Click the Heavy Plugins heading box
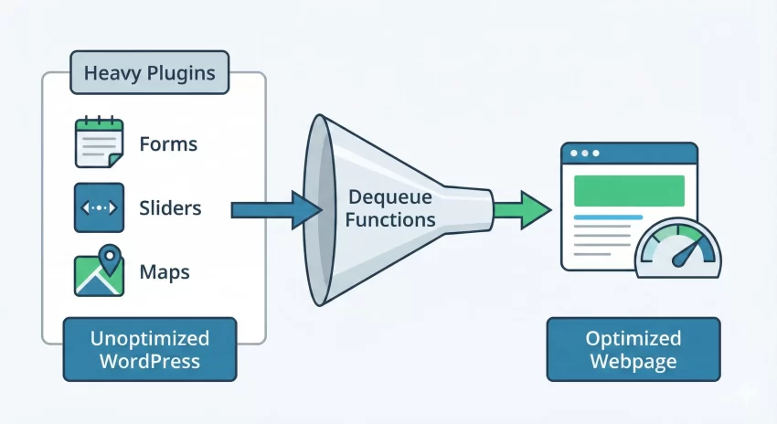pos(151,72)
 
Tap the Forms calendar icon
pos(99,143)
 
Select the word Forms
pos(168,144)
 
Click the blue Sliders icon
pos(99,208)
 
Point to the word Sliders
pos(171,208)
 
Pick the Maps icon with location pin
pos(99,271)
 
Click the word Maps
pos(165,272)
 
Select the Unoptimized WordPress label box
pos(150,349)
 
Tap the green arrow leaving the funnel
pos(522,210)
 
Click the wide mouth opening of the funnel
pos(317,210)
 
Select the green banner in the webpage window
pos(629,190)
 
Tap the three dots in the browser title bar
pos(585,153)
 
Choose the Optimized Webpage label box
pos(633,349)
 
